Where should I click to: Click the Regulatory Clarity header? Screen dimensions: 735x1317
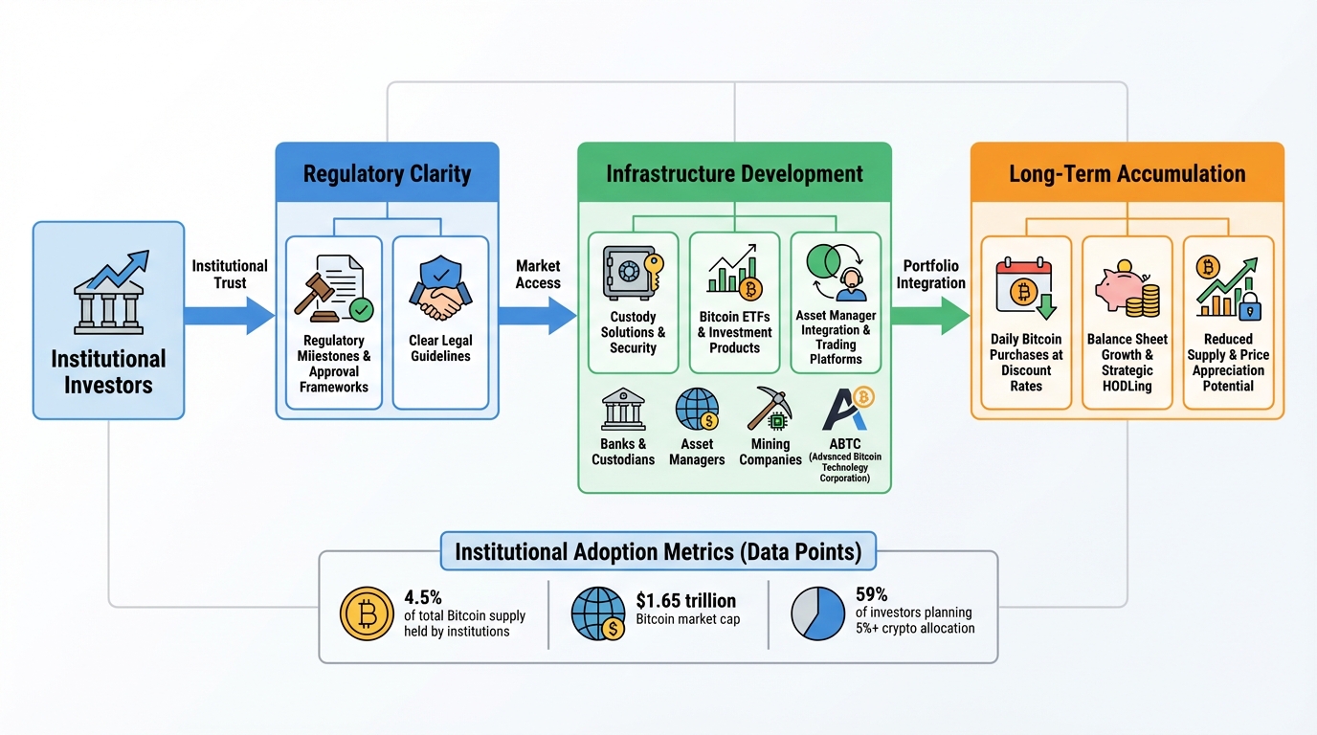click(387, 173)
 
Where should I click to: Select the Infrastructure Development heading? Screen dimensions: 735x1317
click(734, 173)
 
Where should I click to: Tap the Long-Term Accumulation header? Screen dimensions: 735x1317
click(1127, 173)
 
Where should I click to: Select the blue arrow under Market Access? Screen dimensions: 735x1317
click(537, 315)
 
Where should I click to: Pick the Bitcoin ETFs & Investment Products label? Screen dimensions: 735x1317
click(734, 332)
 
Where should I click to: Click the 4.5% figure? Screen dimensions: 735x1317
click(423, 597)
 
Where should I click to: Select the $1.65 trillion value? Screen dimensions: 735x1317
click(685, 600)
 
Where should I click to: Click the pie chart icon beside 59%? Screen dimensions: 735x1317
click(818, 613)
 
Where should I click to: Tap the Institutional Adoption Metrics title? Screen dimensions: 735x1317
click(658, 551)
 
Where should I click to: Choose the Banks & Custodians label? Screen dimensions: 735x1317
click(623, 452)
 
